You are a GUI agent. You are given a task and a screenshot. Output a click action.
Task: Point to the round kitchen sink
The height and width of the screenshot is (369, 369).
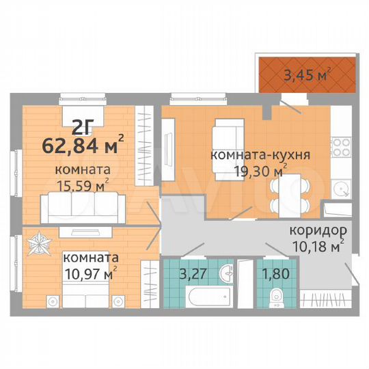click(x=340, y=187)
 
